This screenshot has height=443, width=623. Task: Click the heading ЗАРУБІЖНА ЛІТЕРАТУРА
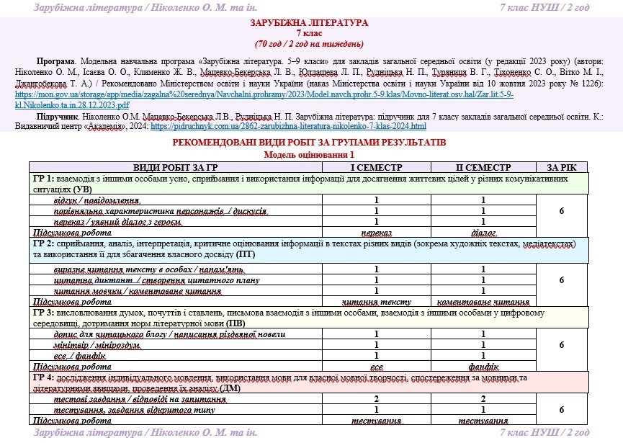pos(310,23)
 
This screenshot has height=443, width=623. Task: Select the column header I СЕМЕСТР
pos(376,166)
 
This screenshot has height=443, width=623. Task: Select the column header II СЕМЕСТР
pos(483,166)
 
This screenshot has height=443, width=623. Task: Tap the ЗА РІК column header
pos(561,166)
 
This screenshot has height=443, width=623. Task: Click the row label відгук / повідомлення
pos(97,200)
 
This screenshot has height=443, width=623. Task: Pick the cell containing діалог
pos(483,232)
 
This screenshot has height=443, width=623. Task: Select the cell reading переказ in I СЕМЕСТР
pos(376,232)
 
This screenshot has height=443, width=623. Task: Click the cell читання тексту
pos(376,302)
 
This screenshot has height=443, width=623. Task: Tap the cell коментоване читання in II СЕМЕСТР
pos(483,302)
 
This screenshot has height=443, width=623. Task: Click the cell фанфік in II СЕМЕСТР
pos(483,367)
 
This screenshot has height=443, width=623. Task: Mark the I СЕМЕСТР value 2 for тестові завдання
pos(376,398)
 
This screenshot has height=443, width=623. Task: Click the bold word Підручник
pos(55,115)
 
